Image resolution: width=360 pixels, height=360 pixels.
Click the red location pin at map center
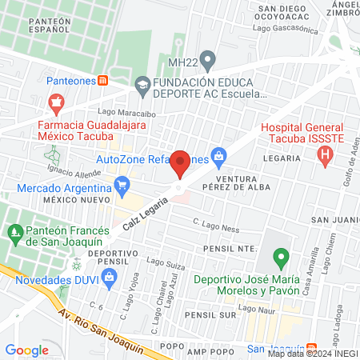click(180, 163)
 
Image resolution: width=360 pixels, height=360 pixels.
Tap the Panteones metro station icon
click(102, 81)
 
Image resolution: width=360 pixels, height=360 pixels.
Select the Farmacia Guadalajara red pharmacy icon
click(55, 103)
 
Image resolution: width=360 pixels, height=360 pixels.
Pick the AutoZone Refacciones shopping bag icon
click(217, 155)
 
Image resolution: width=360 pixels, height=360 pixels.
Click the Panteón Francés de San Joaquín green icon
click(14, 234)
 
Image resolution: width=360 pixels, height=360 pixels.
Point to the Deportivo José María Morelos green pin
click(280, 258)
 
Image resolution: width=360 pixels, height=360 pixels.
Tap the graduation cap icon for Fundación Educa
click(142, 83)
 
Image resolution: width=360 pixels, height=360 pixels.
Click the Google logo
click(26, 350)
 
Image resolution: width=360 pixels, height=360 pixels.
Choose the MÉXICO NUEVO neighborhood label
click(76, 199)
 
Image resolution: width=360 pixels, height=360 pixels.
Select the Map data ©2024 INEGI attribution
click(312, 353)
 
